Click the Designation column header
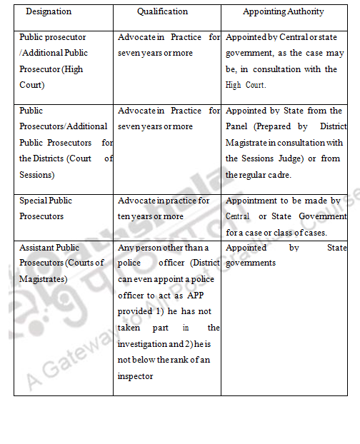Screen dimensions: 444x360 click(48, 12)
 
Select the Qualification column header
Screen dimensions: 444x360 click(163, 12)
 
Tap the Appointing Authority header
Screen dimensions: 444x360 click(283, 12)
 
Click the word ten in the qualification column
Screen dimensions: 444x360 click(126, 216)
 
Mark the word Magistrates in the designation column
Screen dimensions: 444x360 click(44, 279)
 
